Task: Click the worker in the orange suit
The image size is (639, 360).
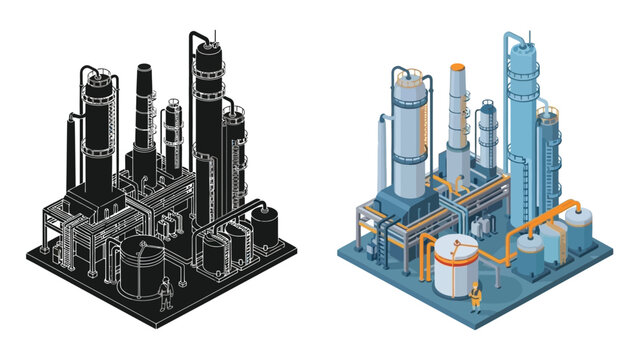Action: click(x=475, y=294)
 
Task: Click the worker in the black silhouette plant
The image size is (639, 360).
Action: click(x=166, y=292)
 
